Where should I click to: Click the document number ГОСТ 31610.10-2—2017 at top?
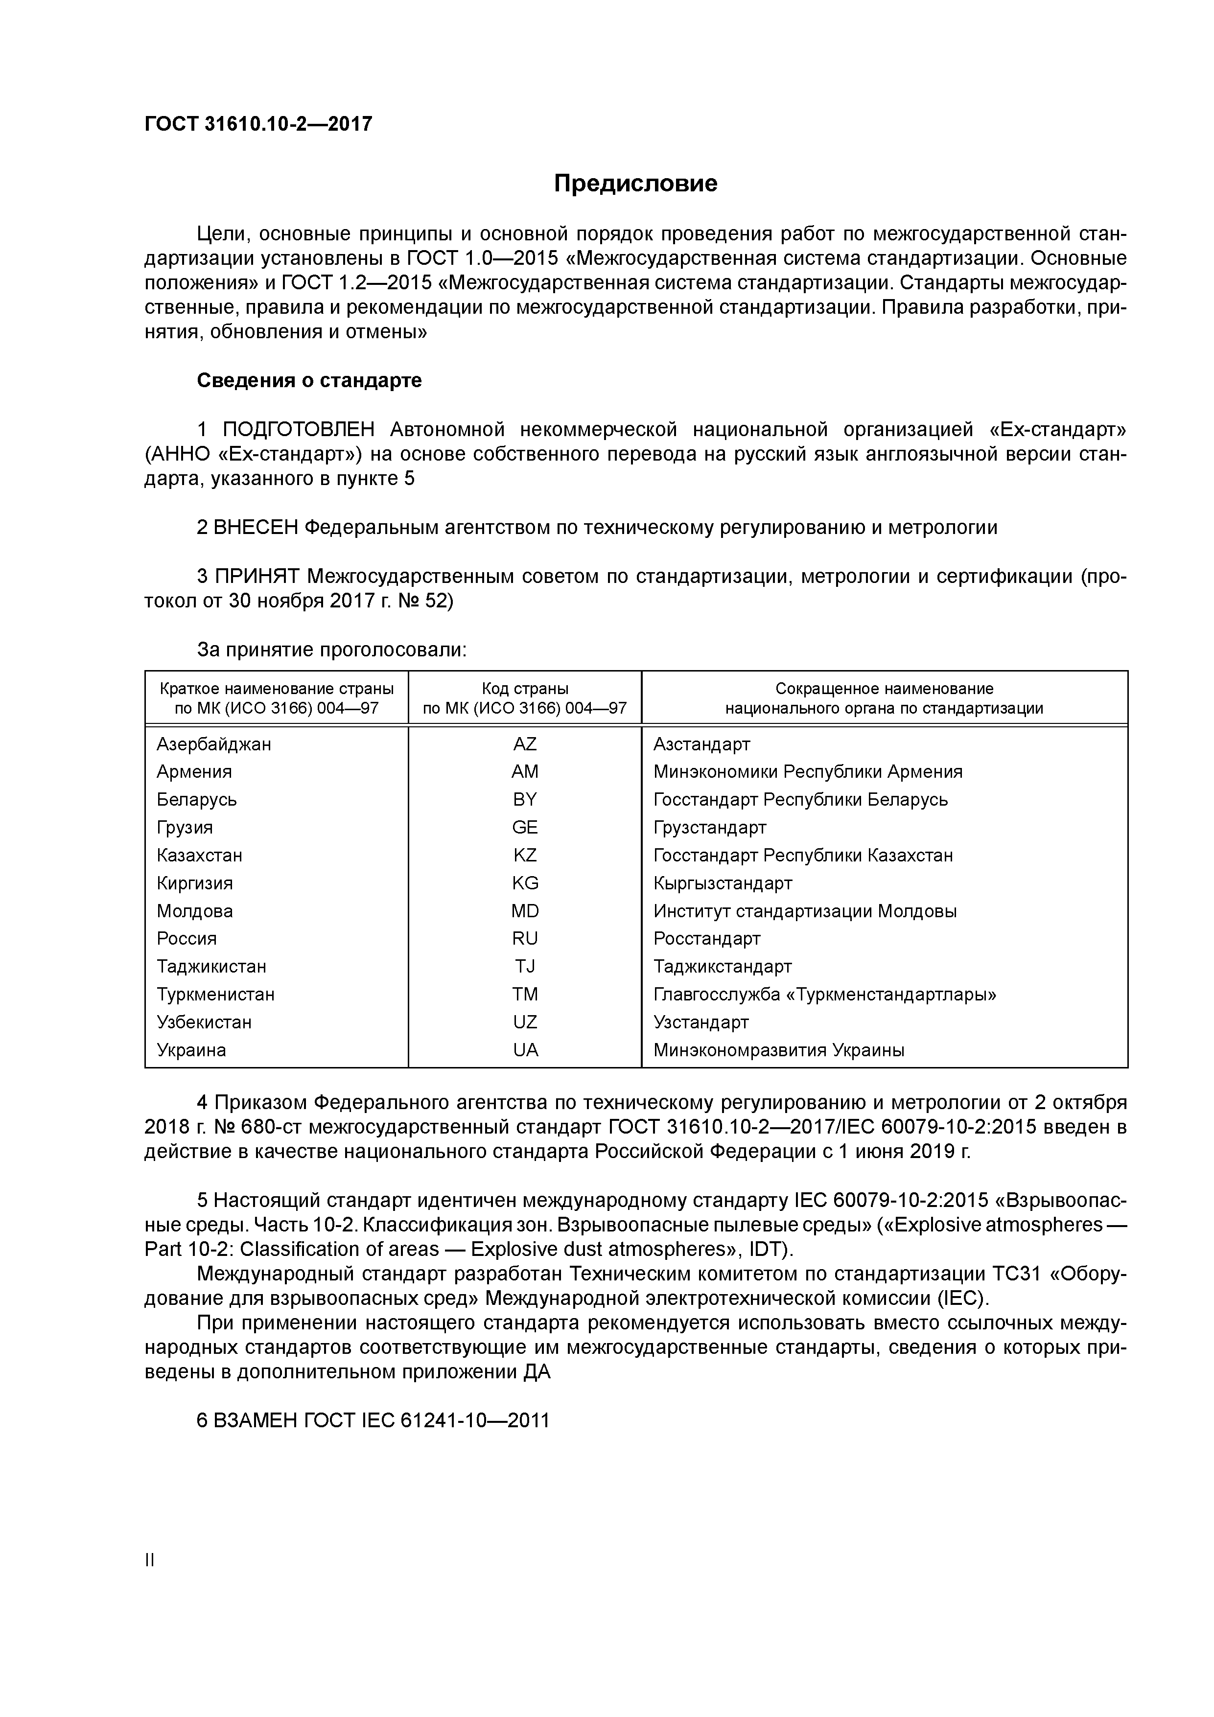click(x=258, y=124)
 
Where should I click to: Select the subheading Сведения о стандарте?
click(x=309, y=381)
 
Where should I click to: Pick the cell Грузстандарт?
click(x=709, y=827)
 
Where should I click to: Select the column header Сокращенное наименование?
click(x=884, y=689)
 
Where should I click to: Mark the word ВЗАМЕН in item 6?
click(x=256, y=1420)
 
